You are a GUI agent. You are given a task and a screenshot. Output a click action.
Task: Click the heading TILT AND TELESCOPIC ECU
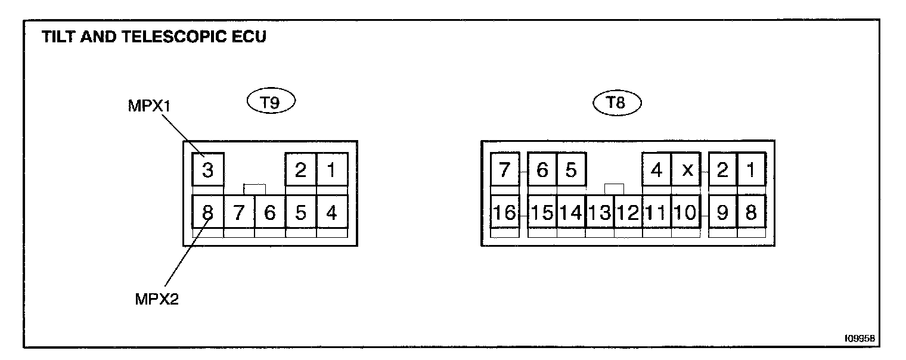tap(154, 38)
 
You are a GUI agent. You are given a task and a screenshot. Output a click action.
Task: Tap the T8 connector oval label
tap(616, 103)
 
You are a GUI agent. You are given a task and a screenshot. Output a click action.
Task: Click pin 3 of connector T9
tap(207, 170)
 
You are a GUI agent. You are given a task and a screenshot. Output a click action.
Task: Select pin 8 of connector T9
tap(207, 212)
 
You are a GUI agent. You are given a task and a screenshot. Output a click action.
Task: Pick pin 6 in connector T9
tap(269, 212)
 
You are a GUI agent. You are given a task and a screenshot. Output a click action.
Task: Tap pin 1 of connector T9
tap(331, 170)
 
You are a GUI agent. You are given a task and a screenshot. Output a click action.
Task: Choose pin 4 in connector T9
tap(331, 212)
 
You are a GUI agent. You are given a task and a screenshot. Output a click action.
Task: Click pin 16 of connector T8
tap(505, 212)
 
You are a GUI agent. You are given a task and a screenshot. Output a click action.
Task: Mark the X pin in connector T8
tap(687, 170)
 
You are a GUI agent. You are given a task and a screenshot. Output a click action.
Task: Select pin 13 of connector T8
tap(600, 212)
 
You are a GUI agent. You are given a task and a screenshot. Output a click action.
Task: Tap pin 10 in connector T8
tap(687, 212)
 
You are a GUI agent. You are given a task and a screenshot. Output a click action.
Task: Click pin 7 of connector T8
tap(505, 170)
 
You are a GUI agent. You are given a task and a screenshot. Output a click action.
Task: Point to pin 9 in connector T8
tap(722, 212)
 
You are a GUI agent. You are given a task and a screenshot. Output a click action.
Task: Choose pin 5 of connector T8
tap(571, 170)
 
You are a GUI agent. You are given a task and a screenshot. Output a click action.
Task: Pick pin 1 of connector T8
tap(751, 170)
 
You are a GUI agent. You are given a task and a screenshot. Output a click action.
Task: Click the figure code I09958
tap(859, 338)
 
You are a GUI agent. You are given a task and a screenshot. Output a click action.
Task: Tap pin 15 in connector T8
tap(542, 212)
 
